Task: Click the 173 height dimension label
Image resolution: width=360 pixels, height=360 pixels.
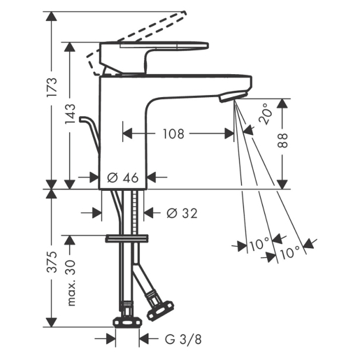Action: tap(52, 87)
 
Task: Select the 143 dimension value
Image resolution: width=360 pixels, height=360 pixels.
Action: tap(70, 114)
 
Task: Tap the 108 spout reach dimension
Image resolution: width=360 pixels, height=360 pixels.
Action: tap(173, 134)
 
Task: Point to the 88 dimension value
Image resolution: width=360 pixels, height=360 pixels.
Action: tap(282, 141)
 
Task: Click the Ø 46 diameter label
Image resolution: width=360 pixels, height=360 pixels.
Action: tap(123, 178)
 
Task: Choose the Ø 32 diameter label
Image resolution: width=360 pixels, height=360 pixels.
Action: tap(182, 213)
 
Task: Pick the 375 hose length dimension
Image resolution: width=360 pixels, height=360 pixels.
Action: tap(52, 261)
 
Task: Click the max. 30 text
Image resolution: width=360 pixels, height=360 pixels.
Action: tap(71, 283)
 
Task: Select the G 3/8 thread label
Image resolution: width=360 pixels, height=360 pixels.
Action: tap(183, 339)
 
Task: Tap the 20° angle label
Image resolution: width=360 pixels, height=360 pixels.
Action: tap(266, 114)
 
